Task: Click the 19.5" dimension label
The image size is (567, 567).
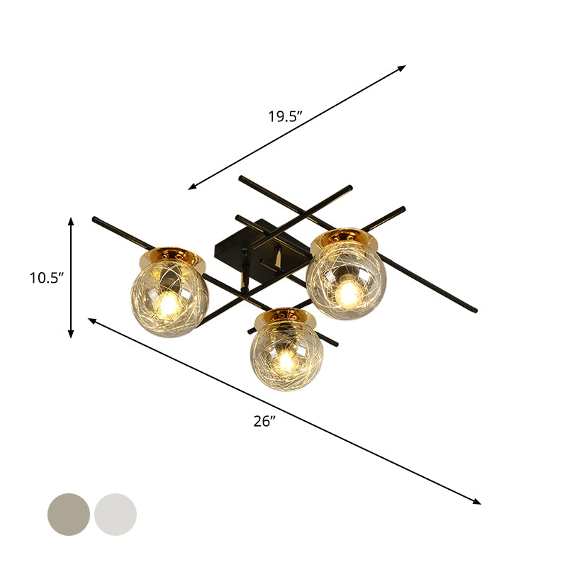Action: click(286, 117)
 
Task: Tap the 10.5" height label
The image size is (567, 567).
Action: click(47, 278)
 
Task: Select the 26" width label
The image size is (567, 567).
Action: click(264, 421)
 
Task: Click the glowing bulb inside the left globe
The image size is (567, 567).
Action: click(168, 304)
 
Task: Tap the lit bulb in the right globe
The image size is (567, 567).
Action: click(347, 291)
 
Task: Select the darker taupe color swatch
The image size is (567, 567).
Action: click(69, 515)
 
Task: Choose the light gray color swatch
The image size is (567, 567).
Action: click(116, 515)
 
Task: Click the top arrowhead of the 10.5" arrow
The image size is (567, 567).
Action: click(71, 220)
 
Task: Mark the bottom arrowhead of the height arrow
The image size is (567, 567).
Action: click(71, 335)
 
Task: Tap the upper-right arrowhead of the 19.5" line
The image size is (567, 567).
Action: click(403, 67)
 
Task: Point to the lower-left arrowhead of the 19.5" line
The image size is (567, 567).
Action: click(191, 187)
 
